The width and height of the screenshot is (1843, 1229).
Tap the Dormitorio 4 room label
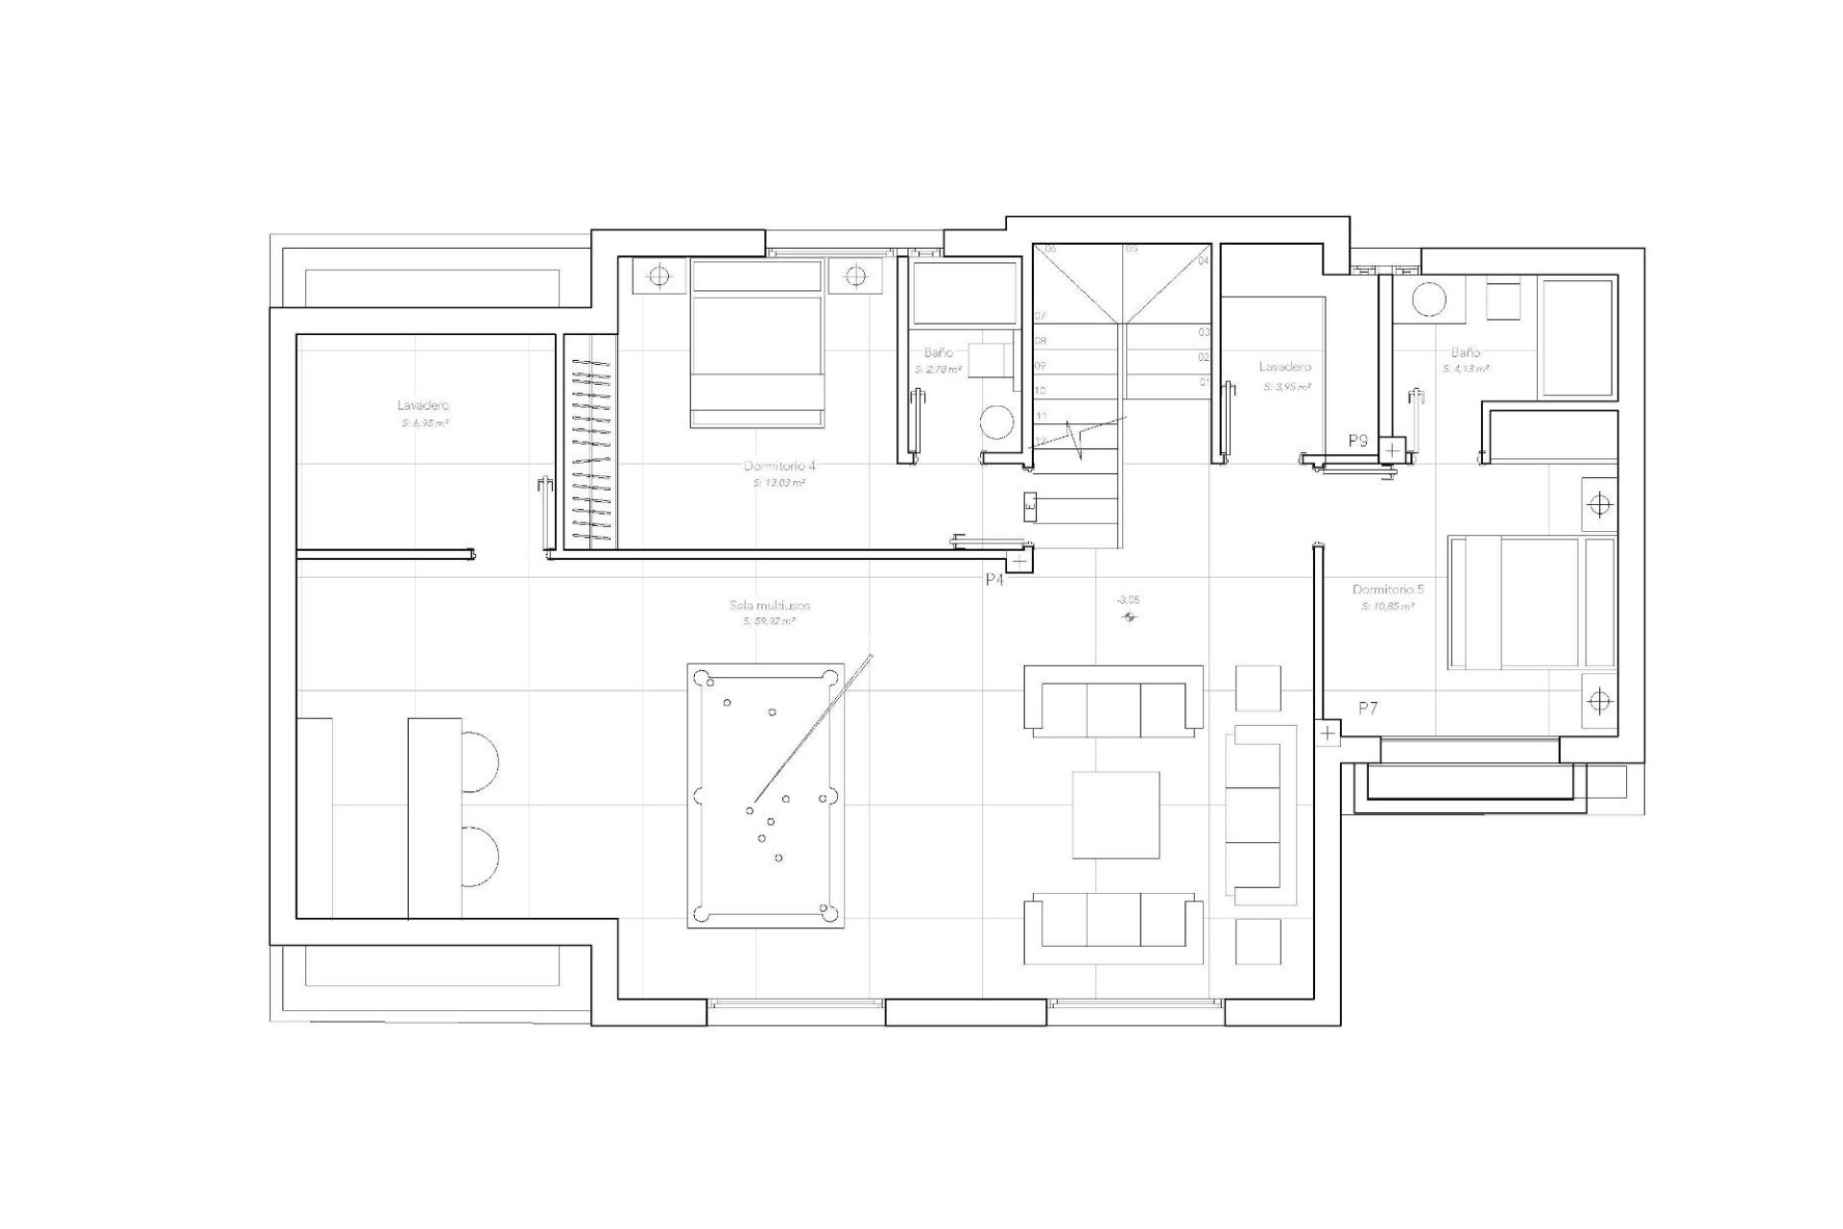779,466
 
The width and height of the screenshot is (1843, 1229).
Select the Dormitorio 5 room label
1388,590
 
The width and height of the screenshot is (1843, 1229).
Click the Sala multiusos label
770,606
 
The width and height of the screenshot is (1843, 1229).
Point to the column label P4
994,580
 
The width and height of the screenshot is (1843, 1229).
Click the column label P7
1368,709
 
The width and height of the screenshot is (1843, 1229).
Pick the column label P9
1357,442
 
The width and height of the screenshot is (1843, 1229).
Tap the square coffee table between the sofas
1115,814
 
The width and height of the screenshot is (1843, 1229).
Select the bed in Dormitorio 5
1531,602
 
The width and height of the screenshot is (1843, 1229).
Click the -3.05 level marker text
1128,600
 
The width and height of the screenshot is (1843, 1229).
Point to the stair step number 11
1041,416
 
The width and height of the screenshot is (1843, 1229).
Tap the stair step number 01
1204,382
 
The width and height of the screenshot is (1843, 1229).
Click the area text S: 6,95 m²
423,422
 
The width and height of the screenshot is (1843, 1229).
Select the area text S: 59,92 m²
770,621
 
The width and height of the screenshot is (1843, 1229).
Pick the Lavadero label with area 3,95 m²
1284,367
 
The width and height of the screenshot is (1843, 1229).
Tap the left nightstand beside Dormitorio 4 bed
658,277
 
